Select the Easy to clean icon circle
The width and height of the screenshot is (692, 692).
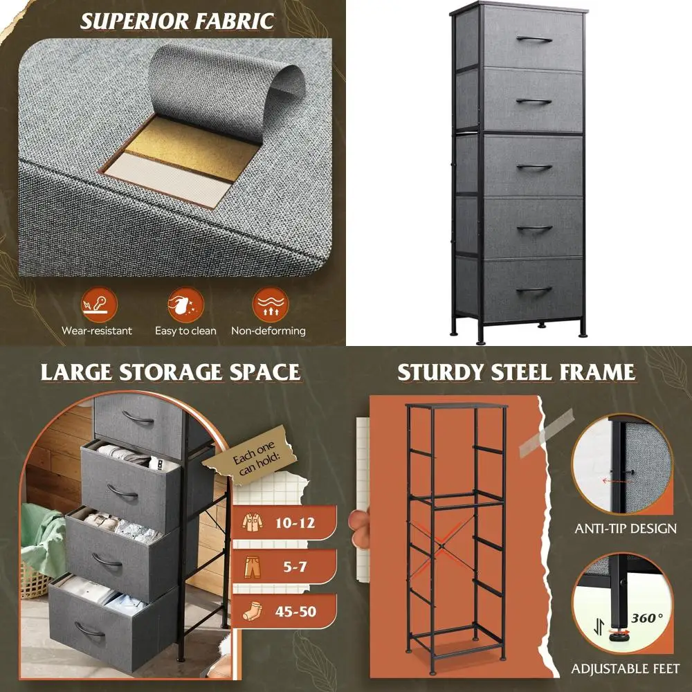(185, 304)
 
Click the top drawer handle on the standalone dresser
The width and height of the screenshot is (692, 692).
(534, 39)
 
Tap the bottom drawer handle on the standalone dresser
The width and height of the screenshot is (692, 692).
(534, 290)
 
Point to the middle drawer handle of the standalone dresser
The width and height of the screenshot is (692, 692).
(534, 167)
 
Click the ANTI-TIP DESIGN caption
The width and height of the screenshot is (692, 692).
(626, 529)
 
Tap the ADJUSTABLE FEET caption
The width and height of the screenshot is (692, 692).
(626, 669)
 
